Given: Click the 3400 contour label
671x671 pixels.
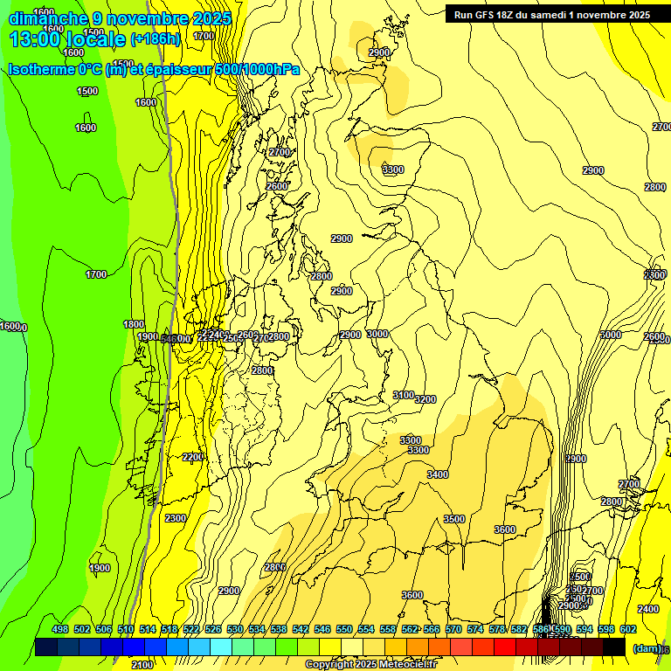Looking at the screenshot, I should [x=438, y=474].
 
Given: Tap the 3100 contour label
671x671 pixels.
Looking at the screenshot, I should [x=403, y=396].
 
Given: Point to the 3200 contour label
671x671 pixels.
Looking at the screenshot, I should [x=425, y=399].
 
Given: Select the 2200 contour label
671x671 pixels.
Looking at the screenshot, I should [x=194, y=457].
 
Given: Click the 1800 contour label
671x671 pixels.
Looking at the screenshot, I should [x=134, y=324].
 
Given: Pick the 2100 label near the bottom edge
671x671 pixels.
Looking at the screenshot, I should [x=142, y=665].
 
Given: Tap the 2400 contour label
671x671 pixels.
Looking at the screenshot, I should [x=648, y=609].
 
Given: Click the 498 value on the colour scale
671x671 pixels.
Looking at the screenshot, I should [x=60, y=629].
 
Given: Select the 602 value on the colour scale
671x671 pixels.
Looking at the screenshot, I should [x=628, y=629].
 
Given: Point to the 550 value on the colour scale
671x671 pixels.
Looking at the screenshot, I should [x=344, y=629].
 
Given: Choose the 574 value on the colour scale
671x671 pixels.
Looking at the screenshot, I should [x=475, y=629].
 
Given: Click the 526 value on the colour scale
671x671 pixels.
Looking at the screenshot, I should [x=213, y=629].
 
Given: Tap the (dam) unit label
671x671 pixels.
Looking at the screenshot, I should [x=647, y=647].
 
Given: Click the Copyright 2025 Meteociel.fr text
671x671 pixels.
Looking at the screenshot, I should [x=370, y=665].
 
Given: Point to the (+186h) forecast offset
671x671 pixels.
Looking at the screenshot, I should [x=155, y=39].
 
